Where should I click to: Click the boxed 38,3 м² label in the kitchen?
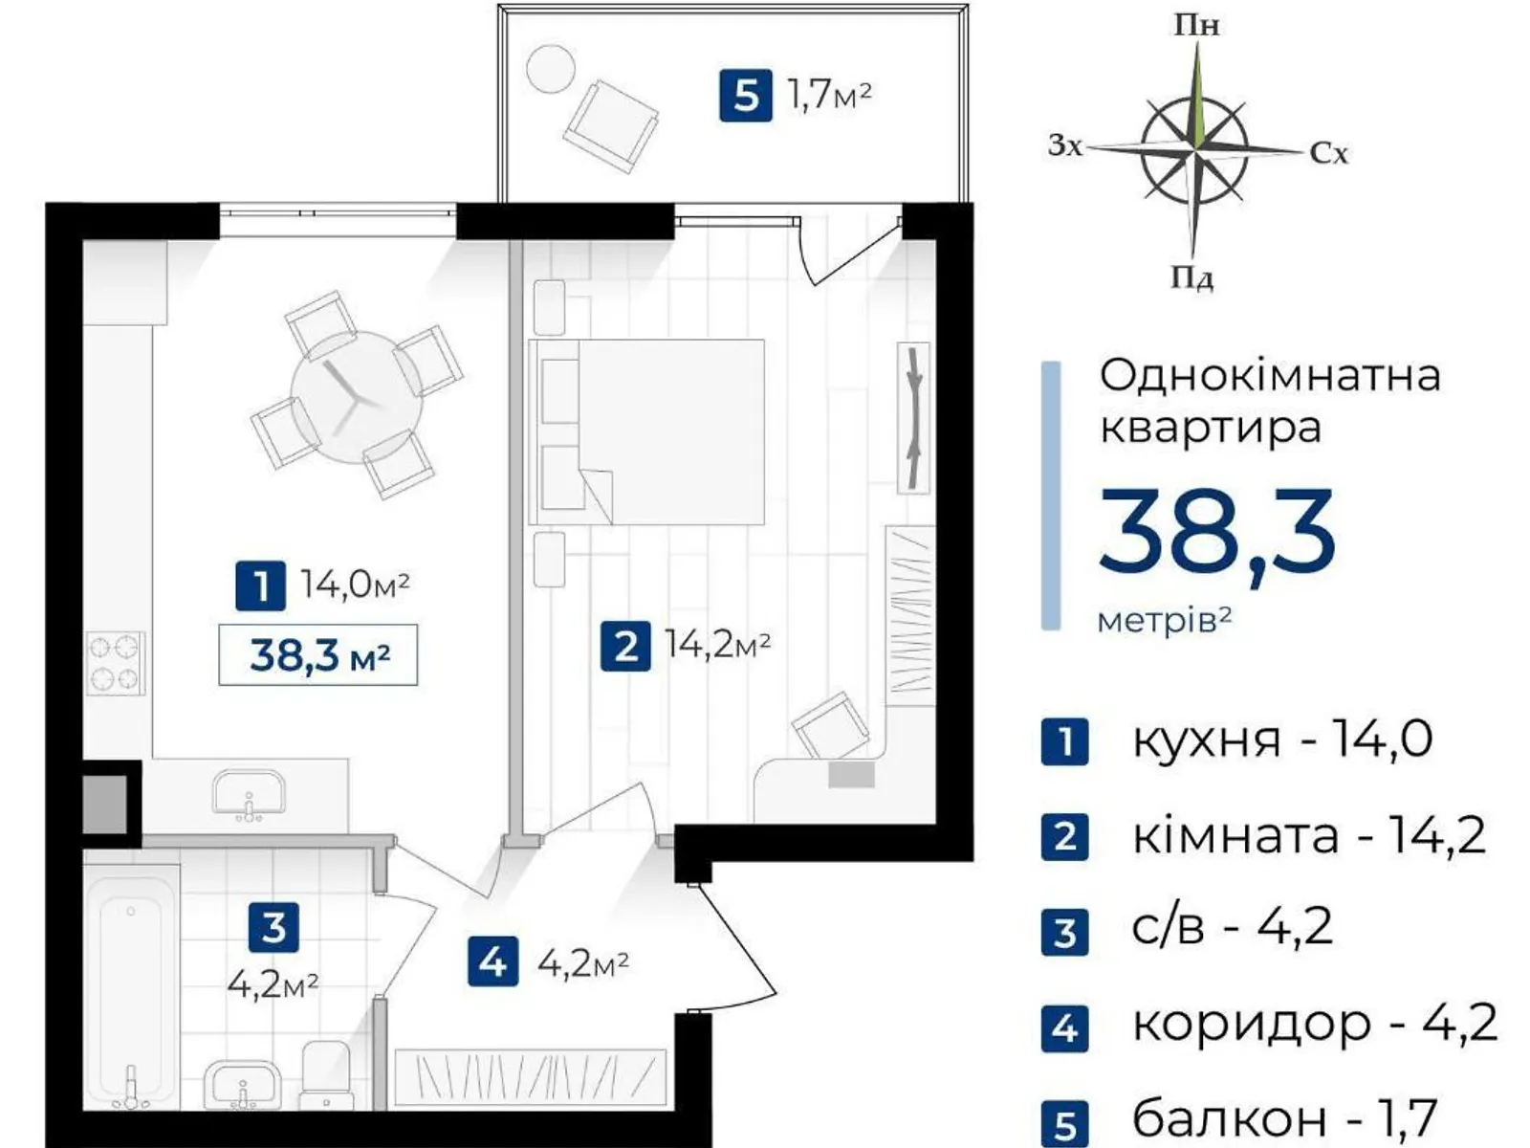[317, 654]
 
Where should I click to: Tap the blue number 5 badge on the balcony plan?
[746, 96]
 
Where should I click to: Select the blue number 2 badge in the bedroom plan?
[626, 646]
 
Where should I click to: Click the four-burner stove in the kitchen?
[116, 663]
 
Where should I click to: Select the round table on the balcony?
[551, 68]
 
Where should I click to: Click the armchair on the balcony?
[611, 126]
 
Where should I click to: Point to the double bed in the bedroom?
[646, 432]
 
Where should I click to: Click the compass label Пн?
[1197, 26]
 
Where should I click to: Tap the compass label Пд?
[1191, 278]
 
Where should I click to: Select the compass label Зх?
[1066, 145]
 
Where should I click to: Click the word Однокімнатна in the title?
[1270, 376]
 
